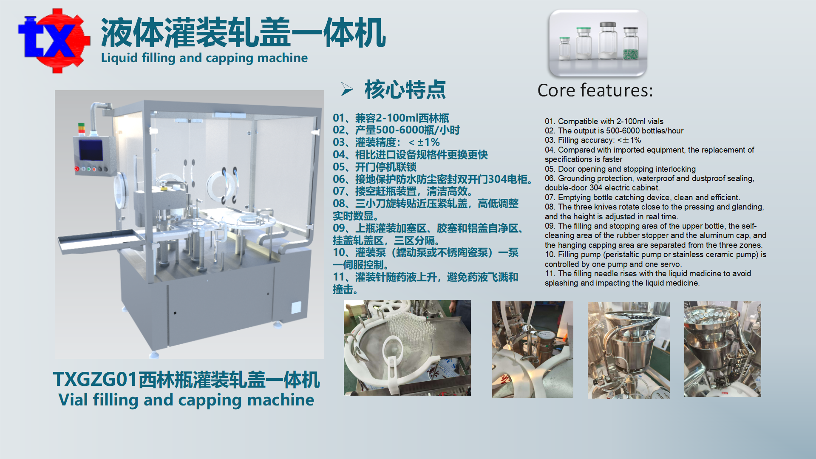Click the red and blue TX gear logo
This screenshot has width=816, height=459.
[54, 40]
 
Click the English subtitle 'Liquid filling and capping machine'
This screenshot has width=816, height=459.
[204, 58]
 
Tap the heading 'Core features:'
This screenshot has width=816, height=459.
[595, 90]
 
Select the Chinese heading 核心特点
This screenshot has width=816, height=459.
[405, 89]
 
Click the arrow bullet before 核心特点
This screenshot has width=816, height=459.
[347, 89]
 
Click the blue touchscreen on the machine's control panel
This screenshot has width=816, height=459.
[91, 150]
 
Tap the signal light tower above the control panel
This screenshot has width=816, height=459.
[81, 129]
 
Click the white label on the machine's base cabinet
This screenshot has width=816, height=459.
[296, 307]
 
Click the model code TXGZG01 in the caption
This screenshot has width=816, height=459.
[96, 380]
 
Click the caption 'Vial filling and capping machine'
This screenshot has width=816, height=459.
[186, 400]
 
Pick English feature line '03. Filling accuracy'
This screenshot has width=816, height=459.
[593, 140]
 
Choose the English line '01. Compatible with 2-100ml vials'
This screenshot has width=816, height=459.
[604, 122]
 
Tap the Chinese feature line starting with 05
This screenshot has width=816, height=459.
[374, 167]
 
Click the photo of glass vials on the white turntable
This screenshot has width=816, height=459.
[407, 348]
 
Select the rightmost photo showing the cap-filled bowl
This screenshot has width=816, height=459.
[722, 349]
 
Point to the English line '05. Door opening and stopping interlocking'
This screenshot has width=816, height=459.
[620, 169]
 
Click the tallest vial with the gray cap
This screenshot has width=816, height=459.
[608, 40]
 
